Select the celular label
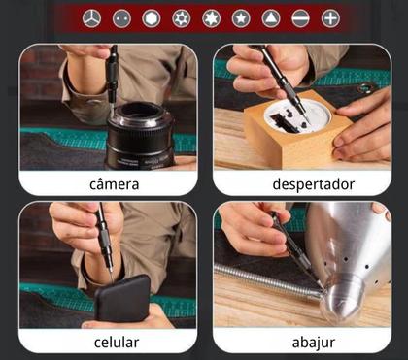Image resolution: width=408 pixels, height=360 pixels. click(111, 342)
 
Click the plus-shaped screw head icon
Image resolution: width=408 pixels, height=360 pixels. click(330, 17)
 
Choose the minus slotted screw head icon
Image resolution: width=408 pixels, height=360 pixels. click(301, 17)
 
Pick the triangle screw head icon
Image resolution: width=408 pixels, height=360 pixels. click(271, 17)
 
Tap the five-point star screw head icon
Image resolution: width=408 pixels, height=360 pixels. click(241, 17)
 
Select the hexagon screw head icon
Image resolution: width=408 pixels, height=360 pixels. click(152, 17)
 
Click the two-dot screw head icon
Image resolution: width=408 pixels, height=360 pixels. click(121, 17)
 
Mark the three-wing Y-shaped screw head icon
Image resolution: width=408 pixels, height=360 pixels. click(91, 17)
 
